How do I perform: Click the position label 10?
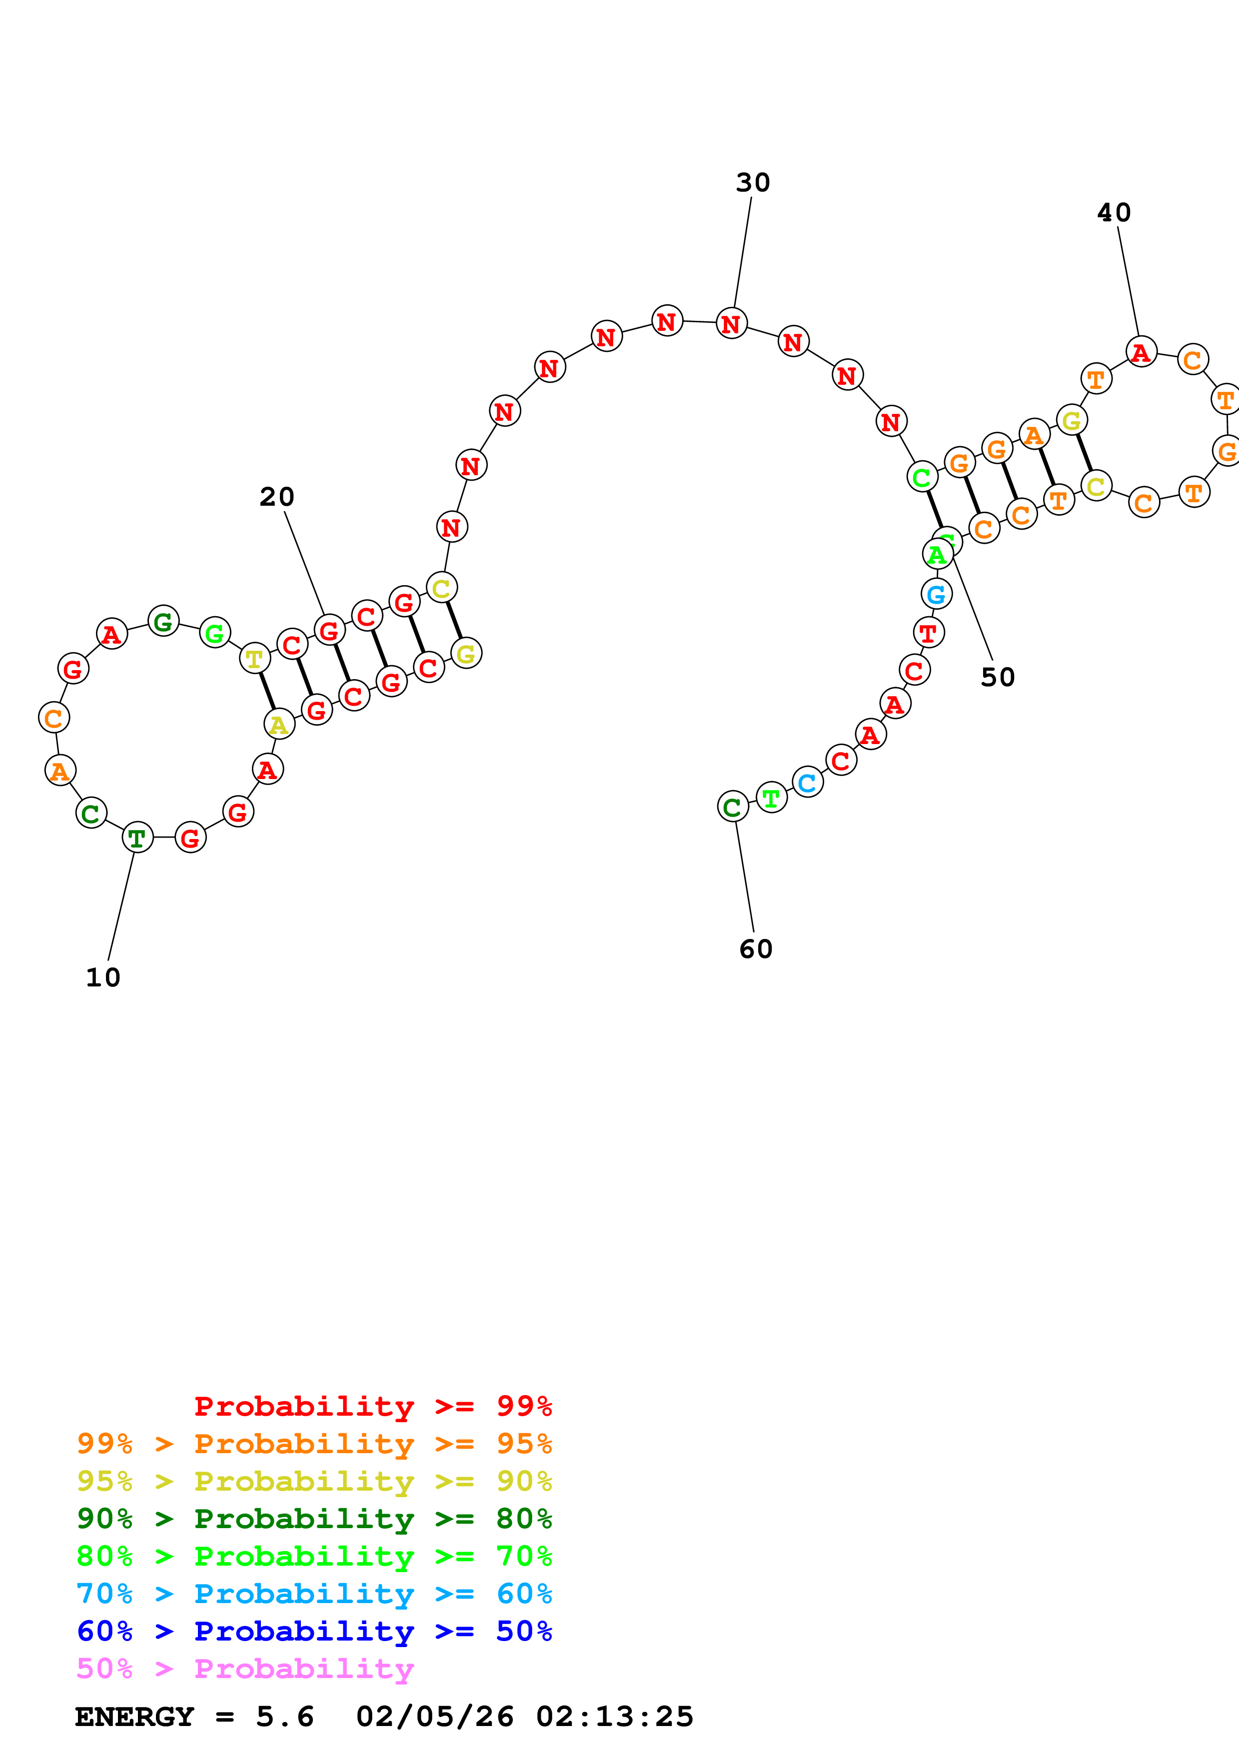(x=103, y=978)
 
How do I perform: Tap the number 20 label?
(x=276, y=497)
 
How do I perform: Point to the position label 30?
(x=753, y=182)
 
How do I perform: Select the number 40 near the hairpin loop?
(x=1114, y=212)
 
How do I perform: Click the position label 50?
(x=998, y=677)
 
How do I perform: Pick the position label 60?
(x=756, y=949)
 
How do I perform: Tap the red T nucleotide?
(x=928, y=632)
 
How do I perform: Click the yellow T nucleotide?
(x=255, y=658)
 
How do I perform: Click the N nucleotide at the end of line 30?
(x=731, y=324)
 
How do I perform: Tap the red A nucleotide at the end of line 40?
(x=1141, y=352)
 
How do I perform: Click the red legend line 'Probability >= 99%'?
(x=372, y=1406)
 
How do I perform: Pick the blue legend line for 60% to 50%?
(x=314, y=1631)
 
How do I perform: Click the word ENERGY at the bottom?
(x=134, y=1717)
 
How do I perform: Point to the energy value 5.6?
(x=285, y=1717)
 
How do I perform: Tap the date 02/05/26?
(x=434, y=1717)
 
